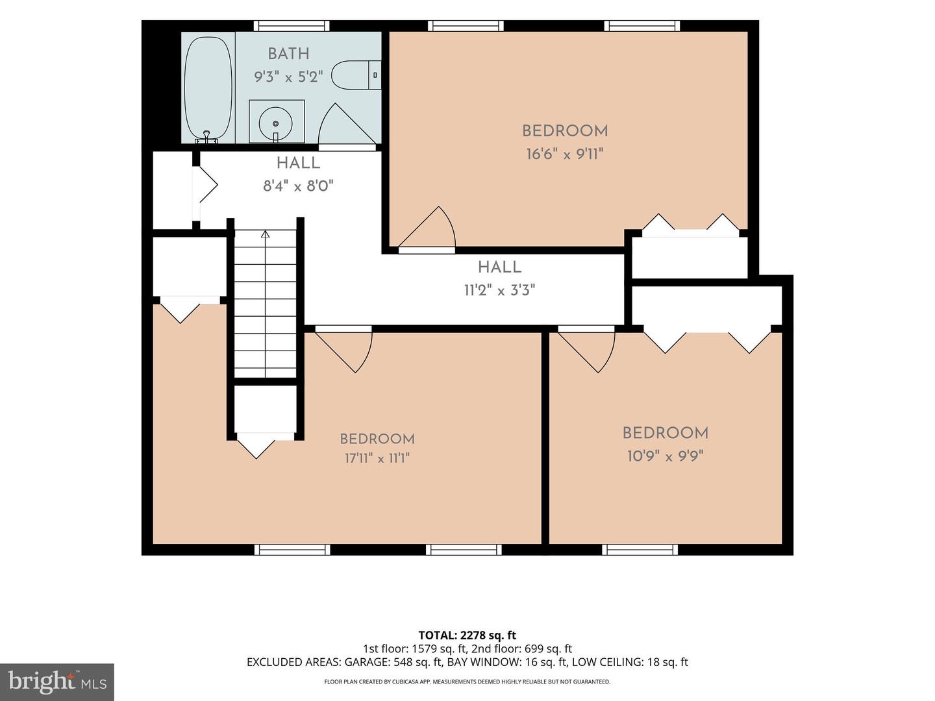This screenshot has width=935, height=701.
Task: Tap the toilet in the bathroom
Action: coord(356,75)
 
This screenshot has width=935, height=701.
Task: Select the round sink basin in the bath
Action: coord(275,123)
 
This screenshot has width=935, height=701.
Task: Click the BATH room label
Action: coord(288,54)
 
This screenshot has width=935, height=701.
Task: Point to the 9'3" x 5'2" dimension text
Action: coord(288,77)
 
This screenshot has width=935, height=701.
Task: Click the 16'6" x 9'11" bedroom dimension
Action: coord(565,154)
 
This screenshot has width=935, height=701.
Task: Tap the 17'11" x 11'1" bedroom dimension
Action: coord(377,458)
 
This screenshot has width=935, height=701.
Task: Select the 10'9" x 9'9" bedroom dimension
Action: coord(665,457)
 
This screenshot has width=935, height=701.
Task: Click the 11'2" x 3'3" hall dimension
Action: coord(499,291)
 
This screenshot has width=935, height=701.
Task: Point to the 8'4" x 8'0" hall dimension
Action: coord(298,186)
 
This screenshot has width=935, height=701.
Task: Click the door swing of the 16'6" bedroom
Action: coord(427,227)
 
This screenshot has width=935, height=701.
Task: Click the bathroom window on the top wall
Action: coord(292,26)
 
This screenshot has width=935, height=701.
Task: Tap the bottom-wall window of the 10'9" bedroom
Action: coord(640,550)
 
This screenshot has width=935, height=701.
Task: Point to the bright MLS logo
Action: coord(57,682)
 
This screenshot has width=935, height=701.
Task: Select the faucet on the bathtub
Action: coord(206,136)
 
